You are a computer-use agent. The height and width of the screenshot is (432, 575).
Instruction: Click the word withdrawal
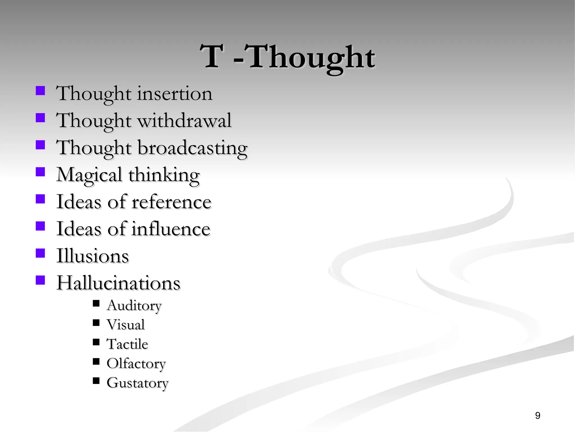click(184, 121)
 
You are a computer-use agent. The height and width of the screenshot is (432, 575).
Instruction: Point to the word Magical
click(89, 175)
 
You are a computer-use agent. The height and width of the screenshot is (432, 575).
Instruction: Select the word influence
click(171, 229)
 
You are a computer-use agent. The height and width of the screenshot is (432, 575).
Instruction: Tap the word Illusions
click(93, 256)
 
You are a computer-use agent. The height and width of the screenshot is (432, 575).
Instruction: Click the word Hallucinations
click(118, 283)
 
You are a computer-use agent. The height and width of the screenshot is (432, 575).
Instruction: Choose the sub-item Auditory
click(134, 305)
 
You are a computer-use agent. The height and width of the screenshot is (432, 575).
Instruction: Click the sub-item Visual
click(126, 325)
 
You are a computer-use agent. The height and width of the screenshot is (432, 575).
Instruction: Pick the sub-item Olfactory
click(136, 364)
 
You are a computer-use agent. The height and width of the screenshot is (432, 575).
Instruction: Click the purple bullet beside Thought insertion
click(40, 91)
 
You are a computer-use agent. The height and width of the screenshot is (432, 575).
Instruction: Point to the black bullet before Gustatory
click(96, 381)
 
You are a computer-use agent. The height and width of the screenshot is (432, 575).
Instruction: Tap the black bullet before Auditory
click(96, 303)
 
